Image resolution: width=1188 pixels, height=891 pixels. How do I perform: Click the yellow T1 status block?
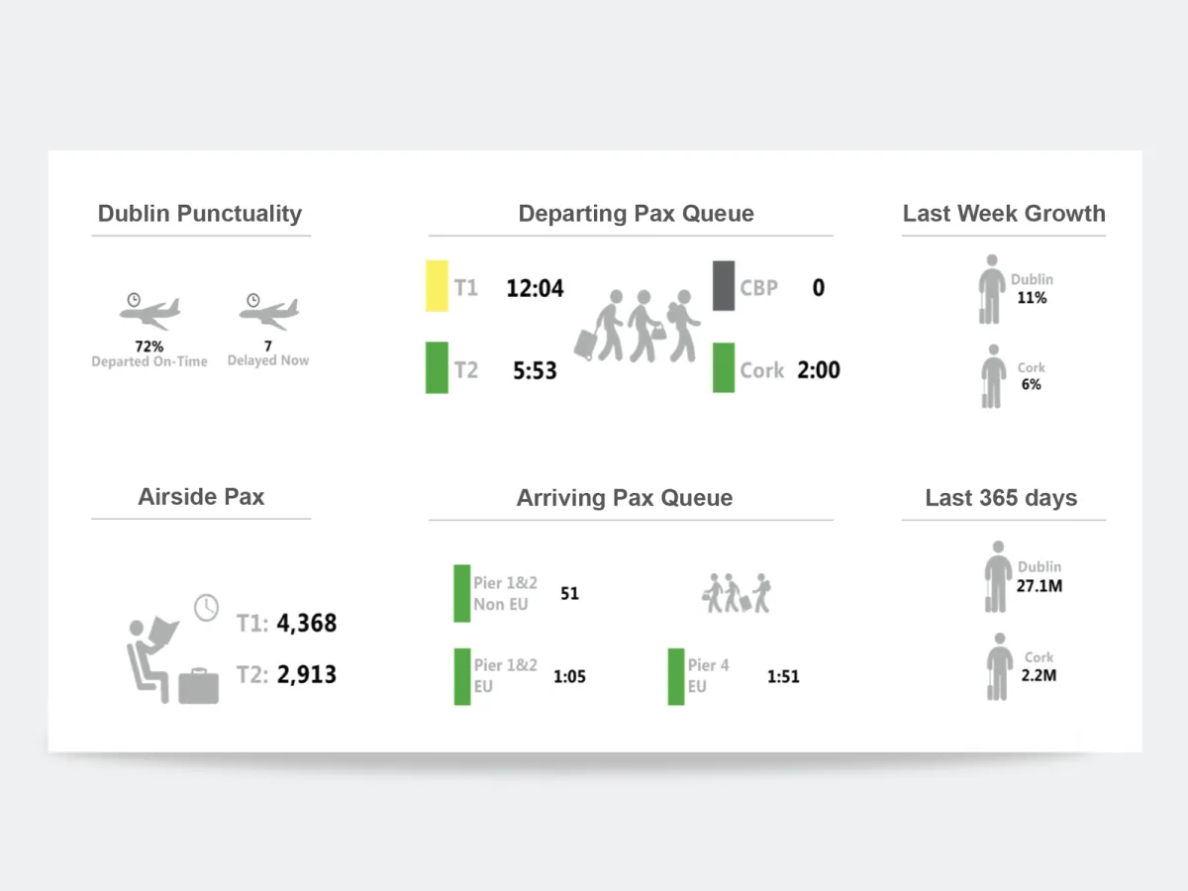437,286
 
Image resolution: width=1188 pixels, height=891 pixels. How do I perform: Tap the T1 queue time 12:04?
535,288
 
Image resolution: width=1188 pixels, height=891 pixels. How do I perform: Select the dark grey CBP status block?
724,286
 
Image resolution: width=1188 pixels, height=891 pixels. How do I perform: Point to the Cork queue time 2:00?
819,370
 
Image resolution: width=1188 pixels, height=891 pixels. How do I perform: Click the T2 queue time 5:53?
535,371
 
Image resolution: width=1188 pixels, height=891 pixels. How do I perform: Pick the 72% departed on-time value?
149,346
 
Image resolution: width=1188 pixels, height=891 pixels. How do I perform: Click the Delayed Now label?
268,361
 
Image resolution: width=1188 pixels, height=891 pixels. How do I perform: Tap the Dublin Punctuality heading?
200,214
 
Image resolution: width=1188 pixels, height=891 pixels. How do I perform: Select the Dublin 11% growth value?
1032,297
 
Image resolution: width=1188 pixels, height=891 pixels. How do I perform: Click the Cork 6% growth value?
1032,384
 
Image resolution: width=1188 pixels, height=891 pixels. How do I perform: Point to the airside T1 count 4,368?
307,624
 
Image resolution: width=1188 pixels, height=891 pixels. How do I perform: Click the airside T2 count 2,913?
307,675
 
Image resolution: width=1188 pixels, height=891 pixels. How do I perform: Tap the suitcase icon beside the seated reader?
198,686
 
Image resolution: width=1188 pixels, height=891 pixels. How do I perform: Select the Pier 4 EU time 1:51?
783,677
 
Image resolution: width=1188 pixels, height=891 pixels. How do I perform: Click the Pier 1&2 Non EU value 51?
569,594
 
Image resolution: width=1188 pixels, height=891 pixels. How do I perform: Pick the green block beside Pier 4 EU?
676,677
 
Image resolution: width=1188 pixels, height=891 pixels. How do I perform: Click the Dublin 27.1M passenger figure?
1039,586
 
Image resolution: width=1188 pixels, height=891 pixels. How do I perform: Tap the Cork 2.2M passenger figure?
1039,675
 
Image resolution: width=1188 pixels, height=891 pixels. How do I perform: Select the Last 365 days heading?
1001,498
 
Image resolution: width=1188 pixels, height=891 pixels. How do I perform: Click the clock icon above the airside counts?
206,607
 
